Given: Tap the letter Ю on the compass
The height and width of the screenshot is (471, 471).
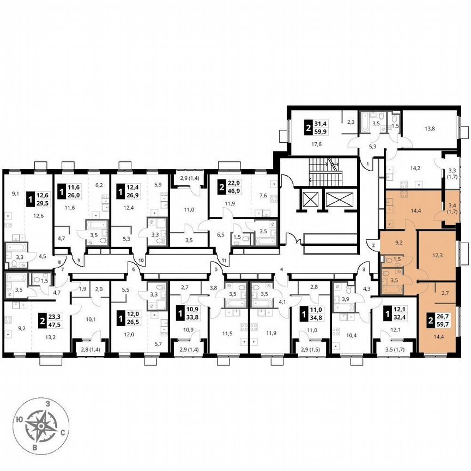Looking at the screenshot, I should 20,419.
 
